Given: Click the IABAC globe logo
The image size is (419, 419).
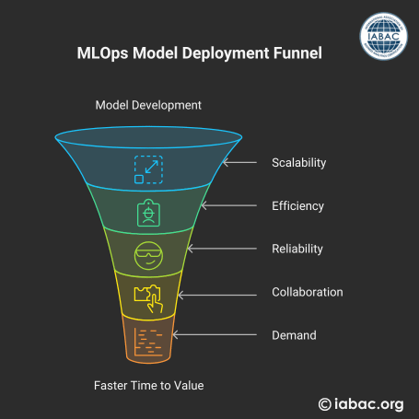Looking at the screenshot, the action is [x=384, y=36].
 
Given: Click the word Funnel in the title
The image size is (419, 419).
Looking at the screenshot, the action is [x=297, y=52].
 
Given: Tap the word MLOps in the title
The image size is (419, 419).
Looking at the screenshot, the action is [x=102, y=53].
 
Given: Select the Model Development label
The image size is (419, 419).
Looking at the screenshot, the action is [x=148, y=105].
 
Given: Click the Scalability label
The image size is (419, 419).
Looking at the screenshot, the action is [x=299, y=163].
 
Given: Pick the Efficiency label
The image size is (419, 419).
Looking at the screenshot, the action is [x=297, y=206].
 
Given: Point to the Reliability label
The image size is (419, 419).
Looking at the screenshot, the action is [x=297, y=249].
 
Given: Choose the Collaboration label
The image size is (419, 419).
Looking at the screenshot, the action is [x=308, y=292].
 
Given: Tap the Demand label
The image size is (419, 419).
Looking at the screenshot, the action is [x=294, y=335].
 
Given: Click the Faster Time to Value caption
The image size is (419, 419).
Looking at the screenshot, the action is [x=149, y=386].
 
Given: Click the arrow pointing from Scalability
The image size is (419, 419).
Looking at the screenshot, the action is [x=239, y=162].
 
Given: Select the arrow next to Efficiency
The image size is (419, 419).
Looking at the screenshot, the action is [x=229, y=205].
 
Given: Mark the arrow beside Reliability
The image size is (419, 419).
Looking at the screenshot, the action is [x=222, y=249].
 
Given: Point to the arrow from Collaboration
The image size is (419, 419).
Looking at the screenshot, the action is [x=217, y=295].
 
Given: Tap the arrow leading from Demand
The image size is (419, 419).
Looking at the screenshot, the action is [x=215, y=334].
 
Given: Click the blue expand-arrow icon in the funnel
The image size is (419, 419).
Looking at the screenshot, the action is [x=148, y=169].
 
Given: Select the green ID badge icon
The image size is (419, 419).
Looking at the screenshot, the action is [x=148, y=213].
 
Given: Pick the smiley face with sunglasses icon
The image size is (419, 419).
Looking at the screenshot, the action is [x=148, y=256].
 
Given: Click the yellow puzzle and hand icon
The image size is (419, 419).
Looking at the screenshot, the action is [x=148, y=299].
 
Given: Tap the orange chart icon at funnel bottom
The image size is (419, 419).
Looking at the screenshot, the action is [x=148, y=342].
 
